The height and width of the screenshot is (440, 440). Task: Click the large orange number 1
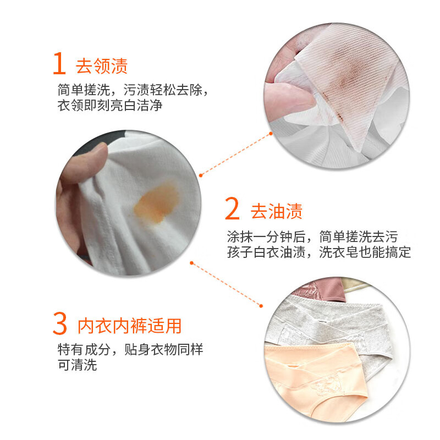[x=59, y=63]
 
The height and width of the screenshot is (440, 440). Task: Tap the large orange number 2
[x=232, y=208]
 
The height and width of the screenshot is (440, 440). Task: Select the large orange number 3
[x=60, y=323]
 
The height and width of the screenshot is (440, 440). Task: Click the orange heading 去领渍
[x=102, y=66]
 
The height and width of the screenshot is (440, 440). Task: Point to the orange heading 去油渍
[x=277, y=211]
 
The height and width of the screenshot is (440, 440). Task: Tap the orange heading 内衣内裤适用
[x=129, y=326]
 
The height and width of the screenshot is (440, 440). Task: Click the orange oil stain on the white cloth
[x=156, y=202]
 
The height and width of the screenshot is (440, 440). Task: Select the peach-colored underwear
[x=314, y=379]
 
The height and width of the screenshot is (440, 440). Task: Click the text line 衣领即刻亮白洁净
[x=110, y=106]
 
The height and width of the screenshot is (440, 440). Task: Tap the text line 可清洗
[x=78, y=365]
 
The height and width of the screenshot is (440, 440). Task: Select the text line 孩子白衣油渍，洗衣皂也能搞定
[x=319, y=252]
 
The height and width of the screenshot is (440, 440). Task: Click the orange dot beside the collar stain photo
[x=271, y=134]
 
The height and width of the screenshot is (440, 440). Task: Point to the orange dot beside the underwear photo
[x=261, y=306]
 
